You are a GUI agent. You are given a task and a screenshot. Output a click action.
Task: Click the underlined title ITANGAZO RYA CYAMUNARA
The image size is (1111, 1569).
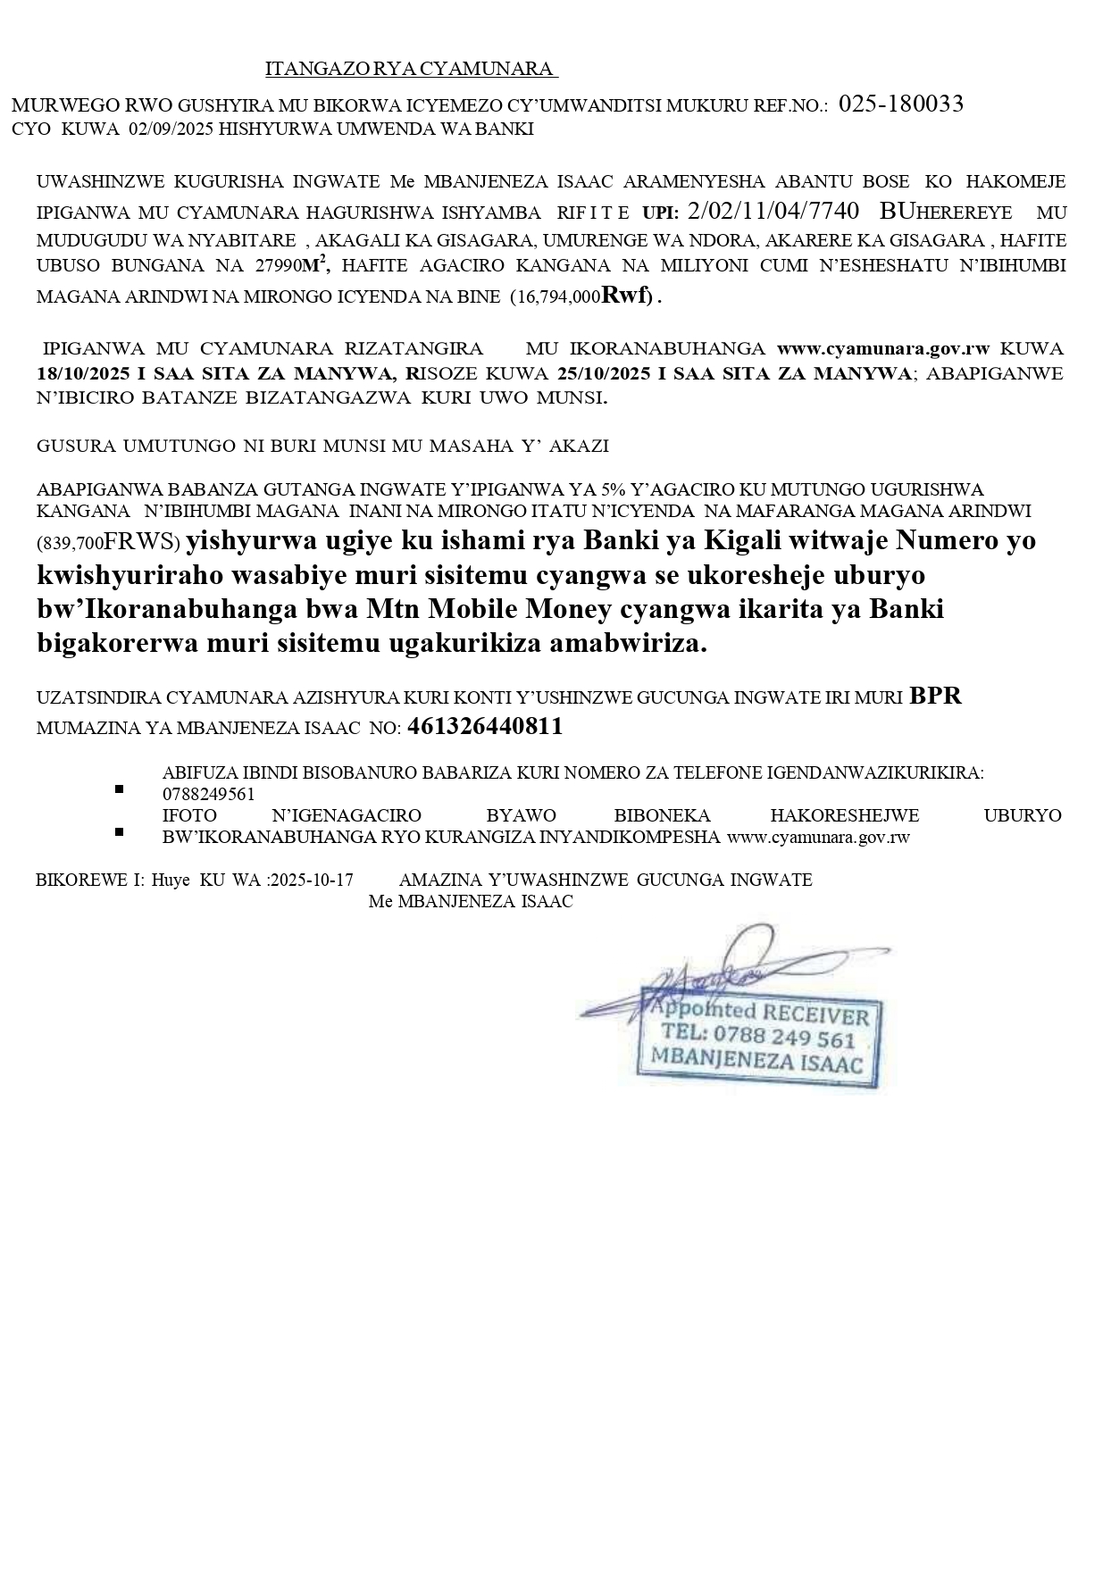coord(411,69)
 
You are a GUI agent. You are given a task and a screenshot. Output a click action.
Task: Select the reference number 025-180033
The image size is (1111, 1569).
coord(901,104)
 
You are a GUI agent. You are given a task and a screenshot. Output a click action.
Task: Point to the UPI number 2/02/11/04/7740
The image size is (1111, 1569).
coord(773,212)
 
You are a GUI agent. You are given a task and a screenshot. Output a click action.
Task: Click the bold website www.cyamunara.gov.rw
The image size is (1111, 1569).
coord(884,348)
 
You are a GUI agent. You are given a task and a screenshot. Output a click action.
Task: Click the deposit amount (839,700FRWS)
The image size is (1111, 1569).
coord(108,542)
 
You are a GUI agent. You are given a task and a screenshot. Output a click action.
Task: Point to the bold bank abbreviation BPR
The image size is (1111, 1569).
coord(935,697)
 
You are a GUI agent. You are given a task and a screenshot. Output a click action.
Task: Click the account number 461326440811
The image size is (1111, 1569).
coord(485,727)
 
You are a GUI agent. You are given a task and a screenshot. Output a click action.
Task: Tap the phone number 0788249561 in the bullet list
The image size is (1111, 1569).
coord(209,794)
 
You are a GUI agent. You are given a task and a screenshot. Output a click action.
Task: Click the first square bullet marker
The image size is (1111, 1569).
coord(118,789)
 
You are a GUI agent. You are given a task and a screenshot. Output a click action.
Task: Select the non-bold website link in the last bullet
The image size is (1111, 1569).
coord(818,838)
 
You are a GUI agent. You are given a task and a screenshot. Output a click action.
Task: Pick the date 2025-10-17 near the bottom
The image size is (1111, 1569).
coord(311,880)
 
